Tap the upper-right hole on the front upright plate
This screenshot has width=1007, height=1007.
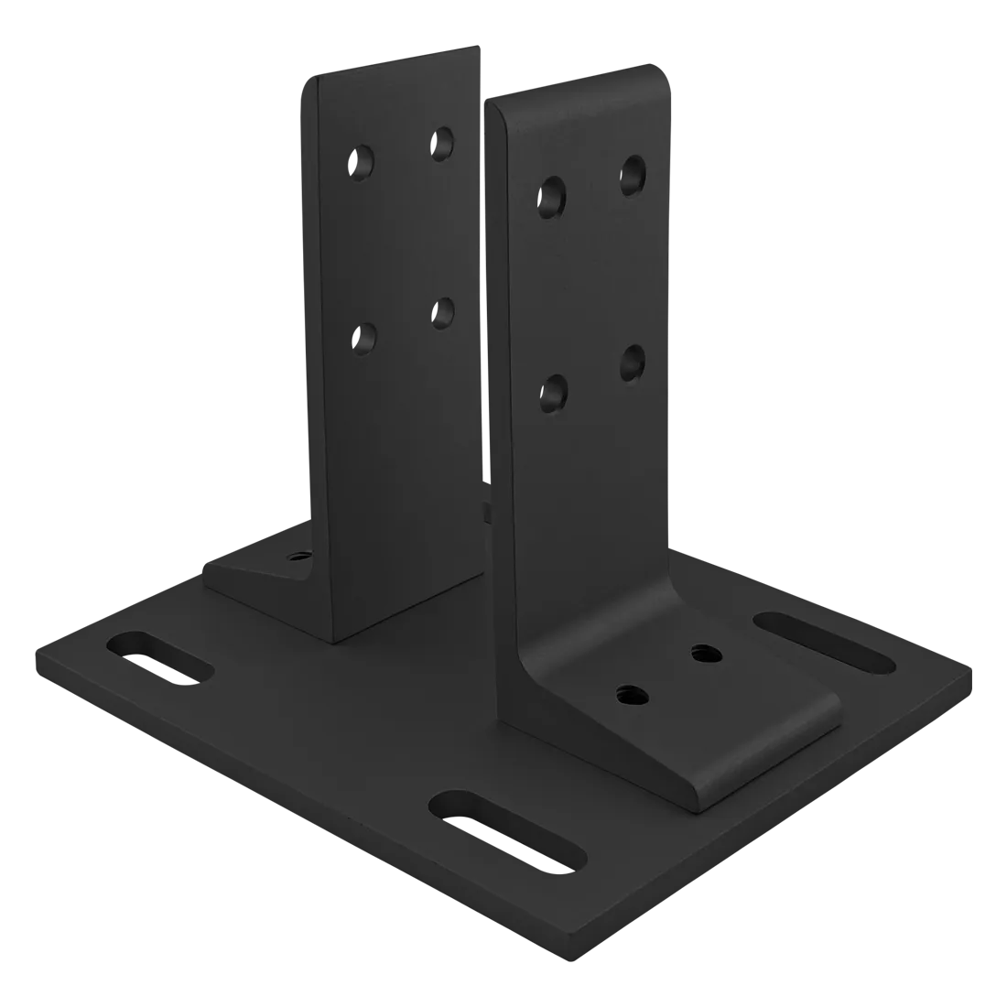tap(633, 174)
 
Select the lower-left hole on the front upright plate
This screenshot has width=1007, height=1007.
tap(553, 393)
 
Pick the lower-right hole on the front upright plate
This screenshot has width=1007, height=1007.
tap(633, 363)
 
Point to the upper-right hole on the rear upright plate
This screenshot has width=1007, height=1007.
tap(444, 142)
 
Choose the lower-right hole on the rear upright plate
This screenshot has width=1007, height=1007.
tap(444, 313)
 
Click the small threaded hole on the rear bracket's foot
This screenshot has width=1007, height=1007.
tap(298, 555)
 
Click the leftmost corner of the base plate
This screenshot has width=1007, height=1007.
tap(34, 652)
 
